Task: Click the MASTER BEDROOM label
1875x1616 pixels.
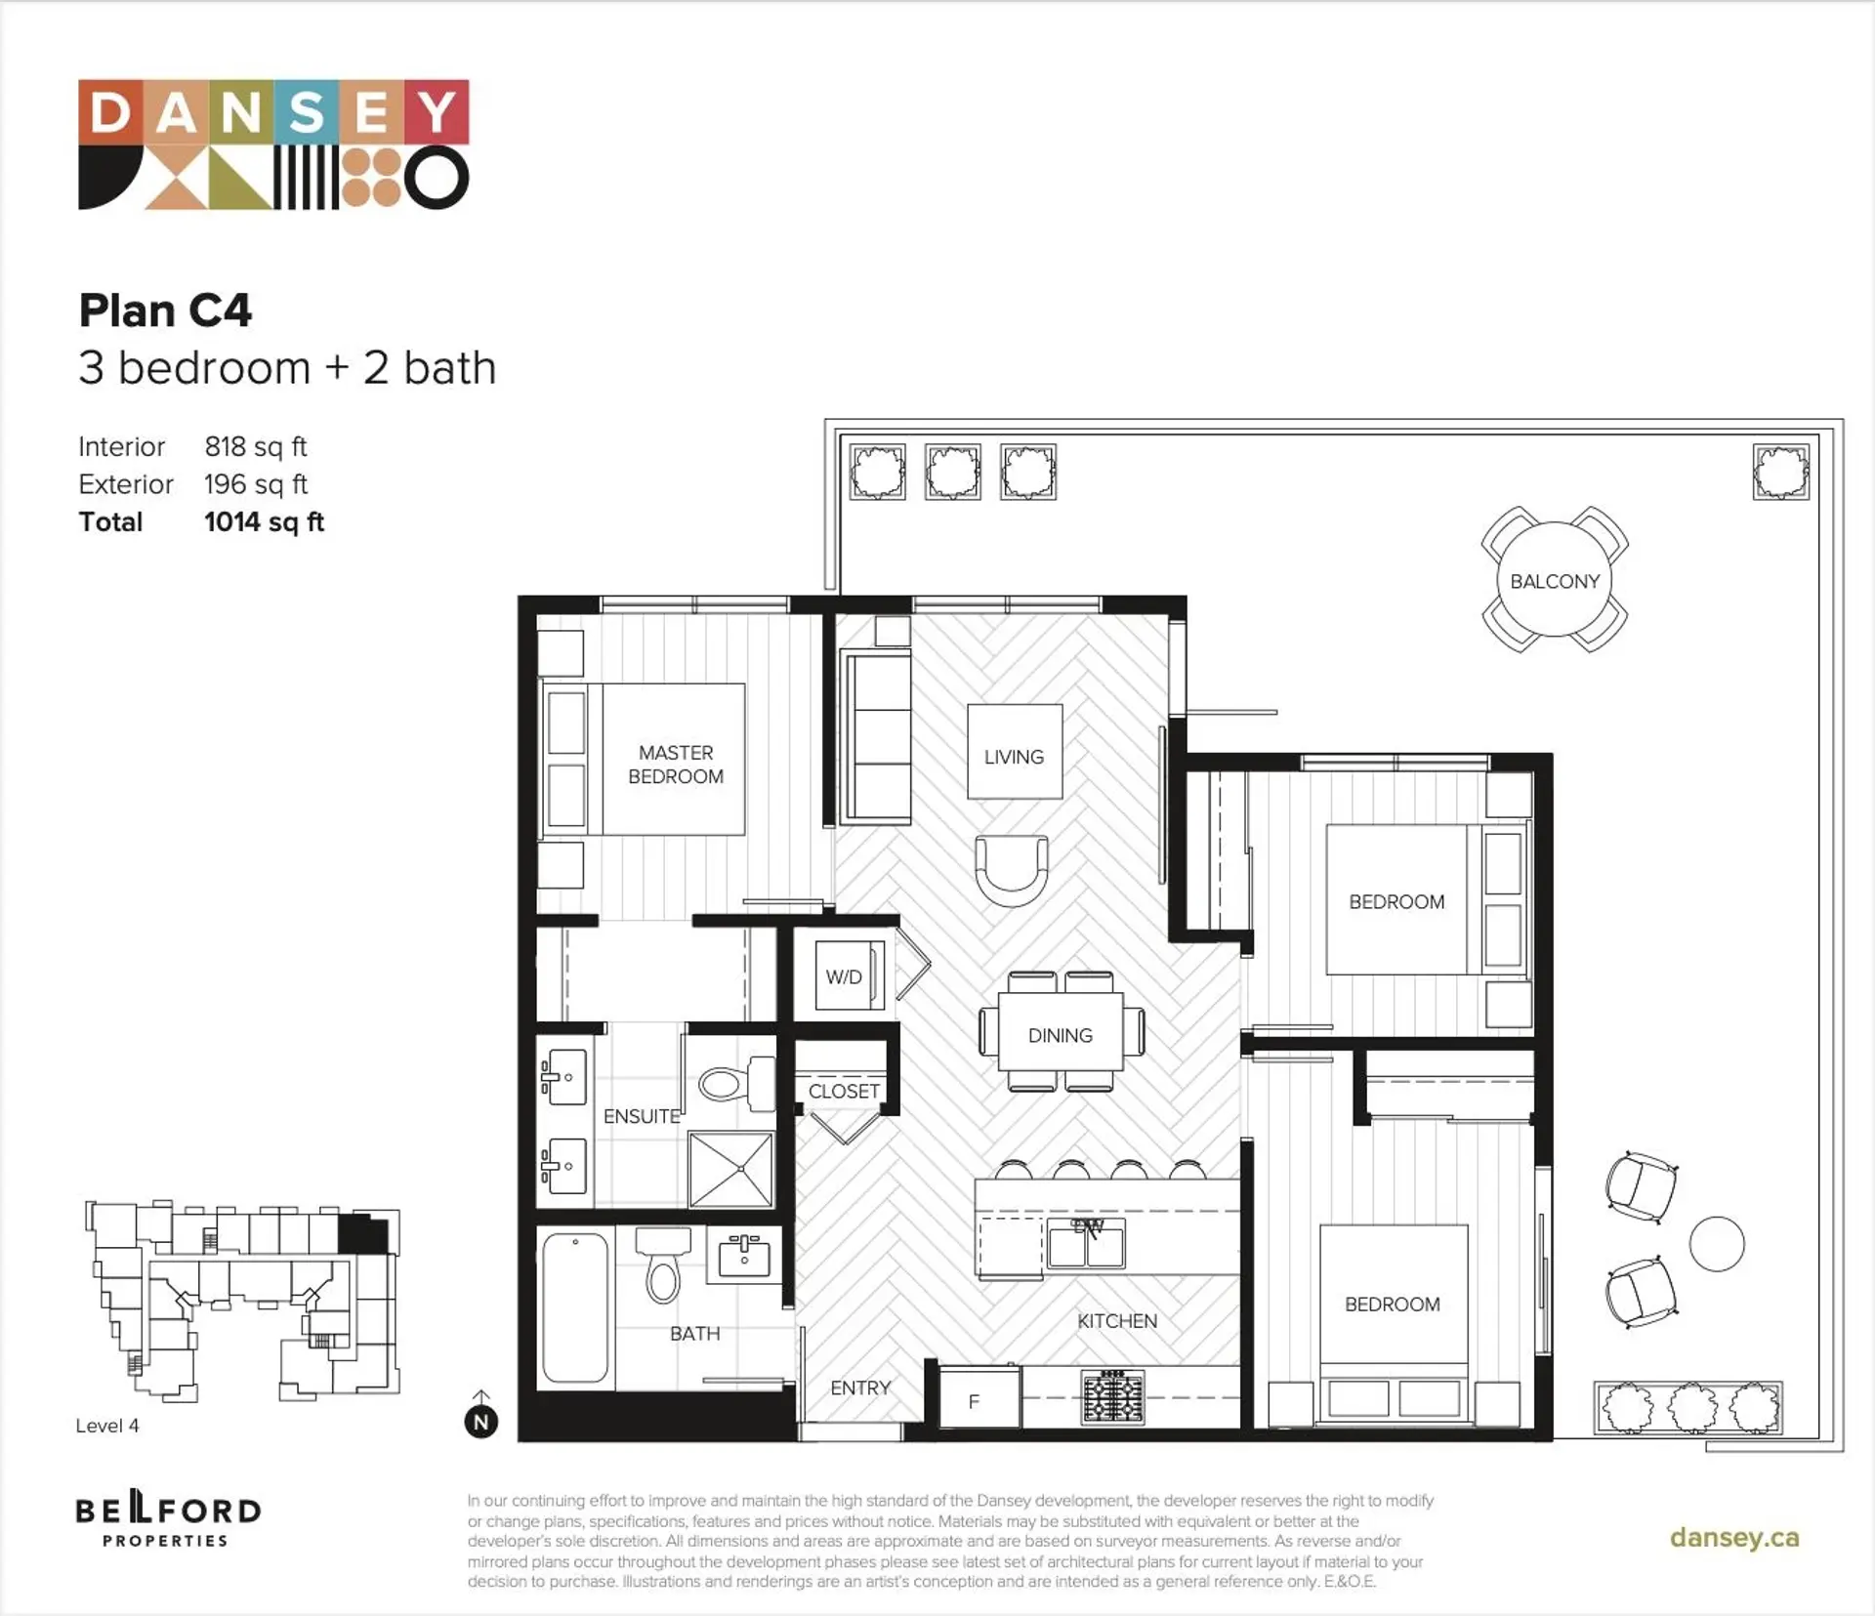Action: point(675,765)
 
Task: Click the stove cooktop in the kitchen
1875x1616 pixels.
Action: point(1112,1396)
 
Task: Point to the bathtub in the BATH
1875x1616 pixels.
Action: point(575,1307)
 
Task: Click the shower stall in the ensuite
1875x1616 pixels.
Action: point(730,1169)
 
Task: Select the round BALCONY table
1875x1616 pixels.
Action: point(1554,581)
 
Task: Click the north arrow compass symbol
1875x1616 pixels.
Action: point(480,1421)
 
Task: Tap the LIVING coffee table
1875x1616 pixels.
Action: point(1014,752)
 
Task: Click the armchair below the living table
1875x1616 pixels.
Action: point(1012,869)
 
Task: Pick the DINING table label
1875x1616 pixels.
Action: point(1060,1035)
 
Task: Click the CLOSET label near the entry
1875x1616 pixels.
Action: point(844,1091)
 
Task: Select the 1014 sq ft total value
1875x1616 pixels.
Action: point(264,522)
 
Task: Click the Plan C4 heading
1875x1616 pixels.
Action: point(165,311)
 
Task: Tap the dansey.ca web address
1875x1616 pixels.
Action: point(1733,1537)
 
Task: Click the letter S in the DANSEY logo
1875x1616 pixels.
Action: point(306,112)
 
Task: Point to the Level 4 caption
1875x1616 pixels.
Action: point(107,1426)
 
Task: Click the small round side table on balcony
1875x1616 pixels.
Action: point(1716,1244)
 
